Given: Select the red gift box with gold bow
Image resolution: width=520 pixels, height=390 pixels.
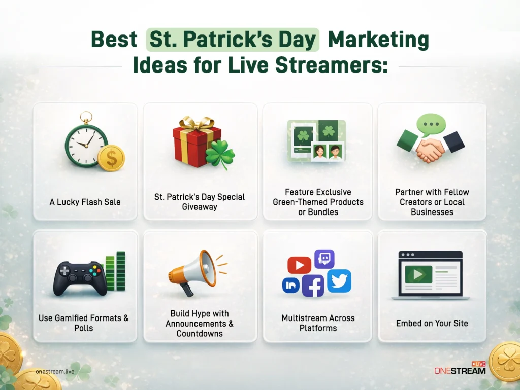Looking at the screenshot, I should tap(196, 142).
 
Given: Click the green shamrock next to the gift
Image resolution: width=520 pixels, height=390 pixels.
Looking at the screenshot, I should tap(220, 154).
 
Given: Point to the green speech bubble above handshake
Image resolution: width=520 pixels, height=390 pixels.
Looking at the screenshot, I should tap(431, 124).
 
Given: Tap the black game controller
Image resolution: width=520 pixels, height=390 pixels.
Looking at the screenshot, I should tap(80, 277).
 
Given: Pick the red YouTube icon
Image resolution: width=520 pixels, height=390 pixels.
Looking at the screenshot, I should tap(299, 265).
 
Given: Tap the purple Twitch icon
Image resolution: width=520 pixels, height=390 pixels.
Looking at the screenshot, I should tap(323, 259).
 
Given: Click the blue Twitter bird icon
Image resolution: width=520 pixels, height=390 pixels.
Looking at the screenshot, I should tap(339, 280).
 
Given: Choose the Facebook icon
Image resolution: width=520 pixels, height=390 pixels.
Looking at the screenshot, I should tap(313, 286).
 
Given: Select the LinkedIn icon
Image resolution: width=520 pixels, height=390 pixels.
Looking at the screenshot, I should tap(291, 286).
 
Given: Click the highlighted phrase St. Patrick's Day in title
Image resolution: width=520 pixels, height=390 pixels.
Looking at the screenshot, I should tap(233, 40).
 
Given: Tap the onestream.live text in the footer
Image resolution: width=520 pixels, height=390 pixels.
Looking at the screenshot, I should tap(56, 372).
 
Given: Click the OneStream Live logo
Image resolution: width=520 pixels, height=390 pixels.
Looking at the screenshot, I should tap(460, 369).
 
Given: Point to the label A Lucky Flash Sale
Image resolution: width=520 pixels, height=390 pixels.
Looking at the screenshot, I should tap(85, 202).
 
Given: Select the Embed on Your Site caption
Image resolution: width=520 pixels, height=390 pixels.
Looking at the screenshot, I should tap(432, 323).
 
